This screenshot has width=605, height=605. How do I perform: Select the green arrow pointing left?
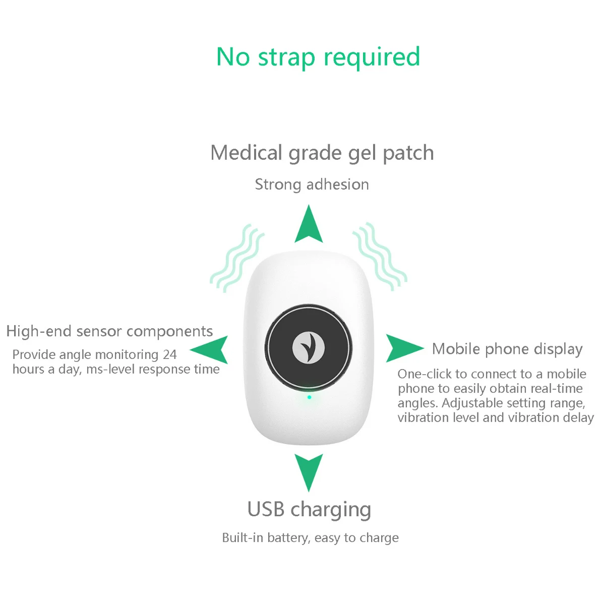[210, 349]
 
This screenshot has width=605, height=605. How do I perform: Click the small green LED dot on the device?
[309, 397]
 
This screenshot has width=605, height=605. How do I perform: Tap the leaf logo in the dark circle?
[309, 347]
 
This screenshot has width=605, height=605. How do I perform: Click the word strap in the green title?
[286, 58]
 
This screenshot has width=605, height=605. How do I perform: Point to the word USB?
[266, 509]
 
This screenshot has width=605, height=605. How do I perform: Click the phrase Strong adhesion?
[312, 185]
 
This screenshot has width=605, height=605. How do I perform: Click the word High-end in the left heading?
[39, 331]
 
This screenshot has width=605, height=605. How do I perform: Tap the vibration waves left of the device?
[237, 258]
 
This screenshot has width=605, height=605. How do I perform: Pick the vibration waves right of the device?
[380, 257]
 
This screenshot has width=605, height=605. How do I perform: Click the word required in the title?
[372, 58]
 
